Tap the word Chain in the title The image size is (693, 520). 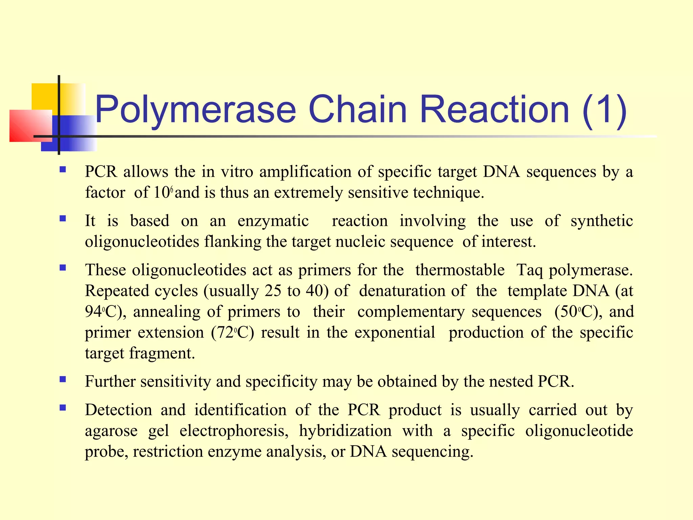click(x=357, y=109)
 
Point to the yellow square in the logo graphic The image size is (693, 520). click(x=44, y=96)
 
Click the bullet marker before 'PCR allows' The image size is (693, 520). click(x=63, y=169)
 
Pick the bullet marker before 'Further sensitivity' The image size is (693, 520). click(x=63, y=379)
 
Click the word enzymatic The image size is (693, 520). click(x=273, y=221)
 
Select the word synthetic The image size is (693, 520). click(x=602, y=221)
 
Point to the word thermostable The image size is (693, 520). click(x=460, y=270)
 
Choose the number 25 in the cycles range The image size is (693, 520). click(x=273, y=291)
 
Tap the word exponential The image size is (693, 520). click(x=395, y=332)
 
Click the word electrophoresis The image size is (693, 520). click(x=234, y=431)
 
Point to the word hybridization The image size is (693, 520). click(x=345, y=431)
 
